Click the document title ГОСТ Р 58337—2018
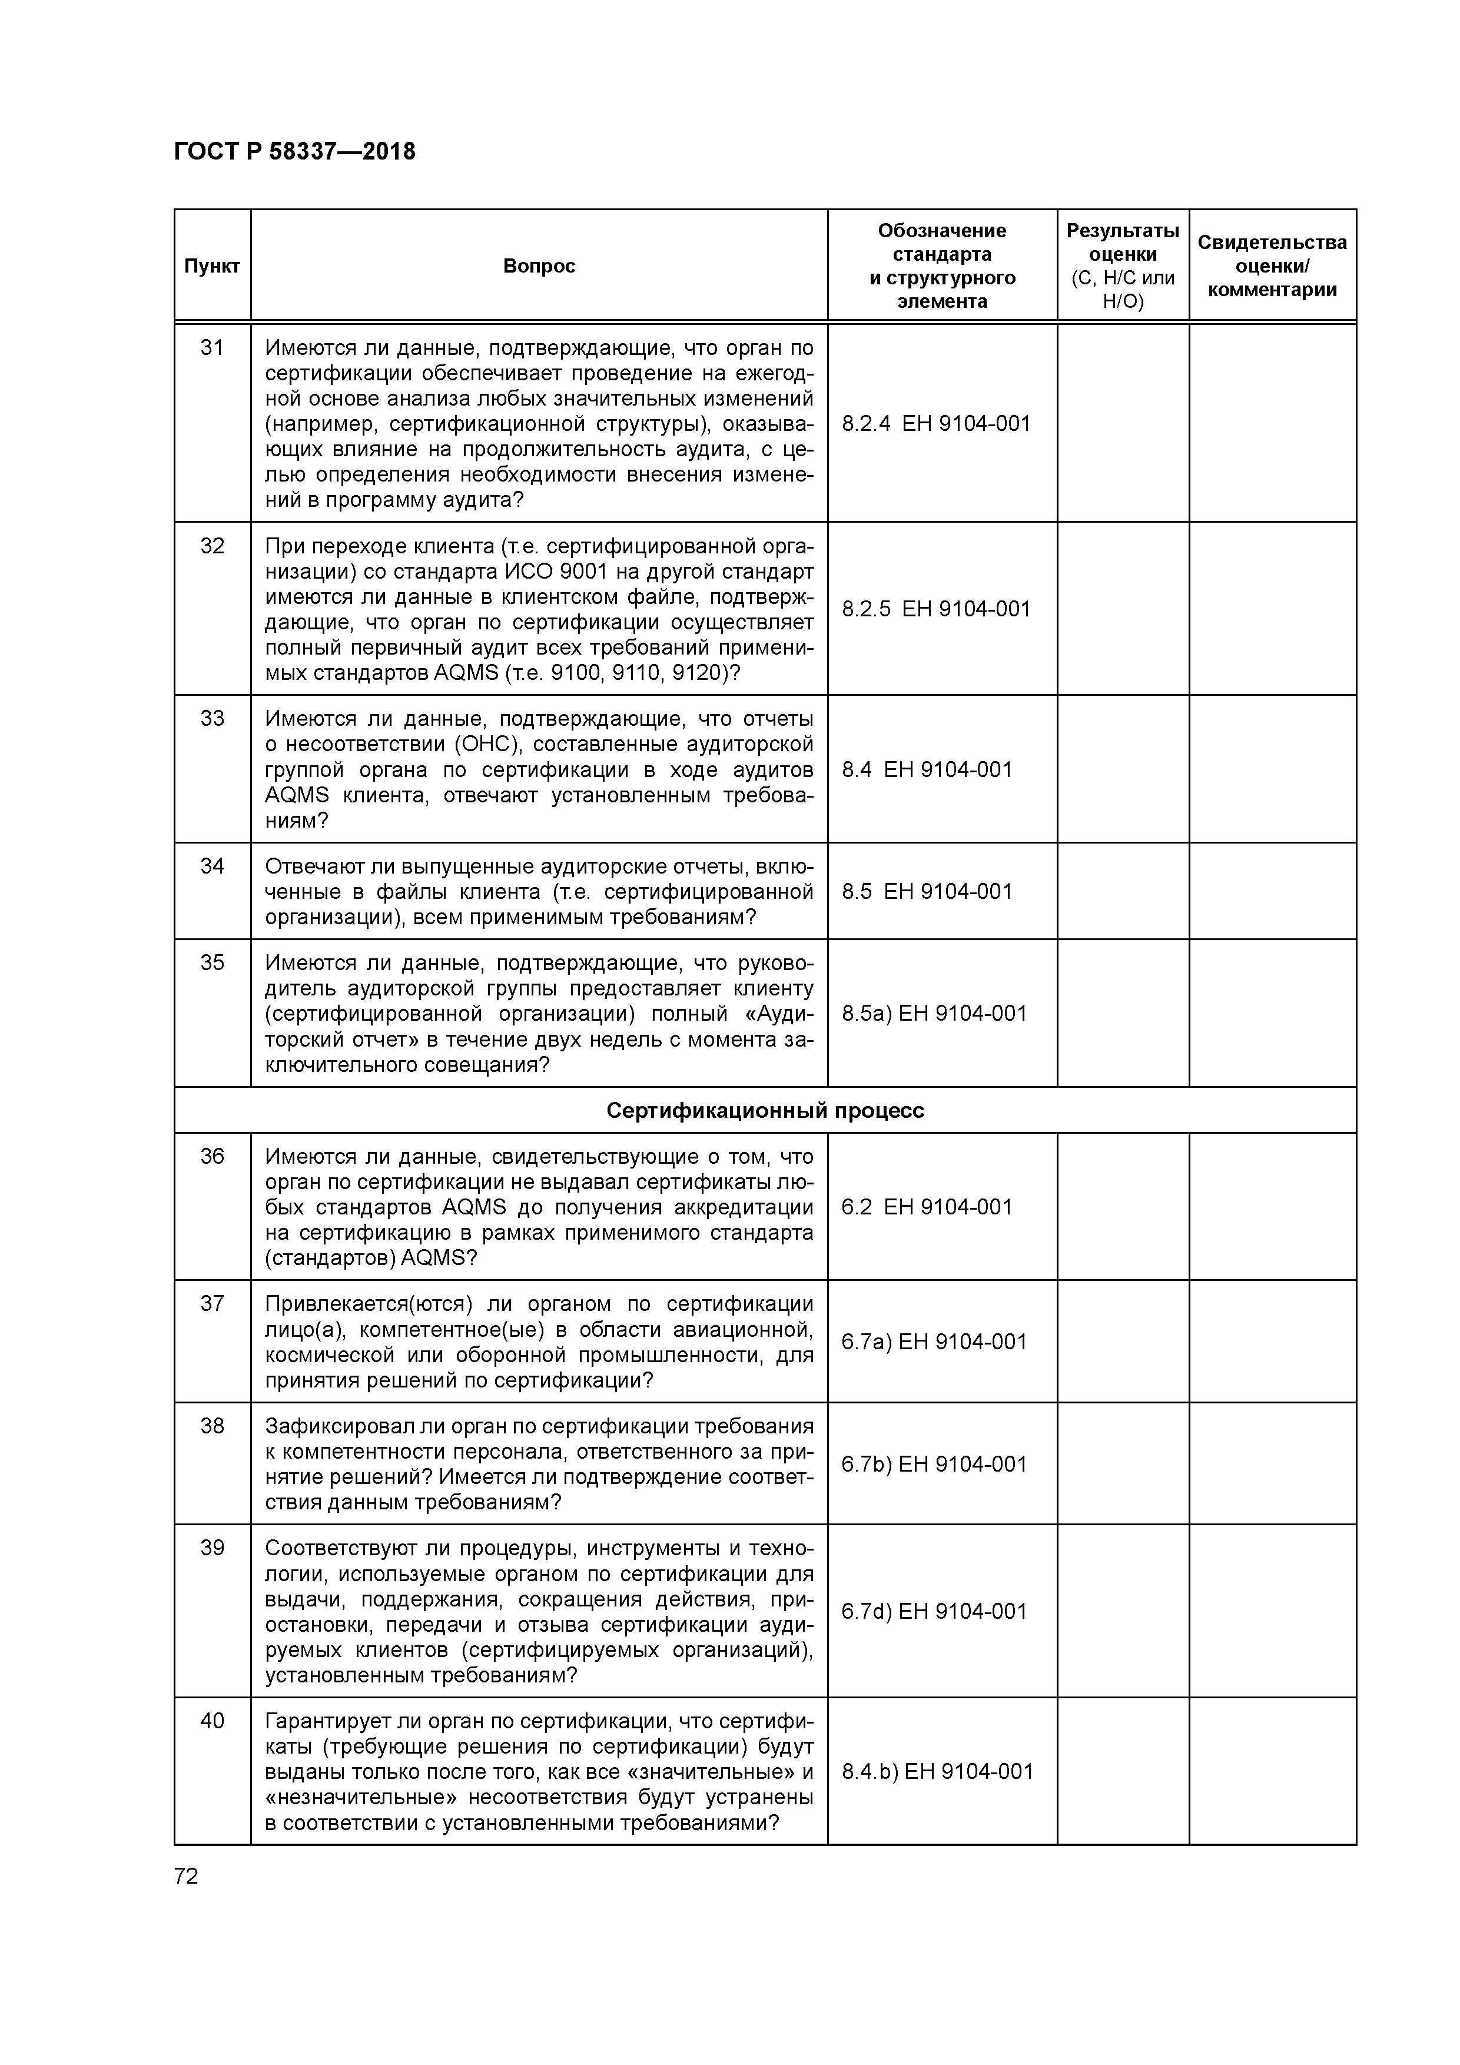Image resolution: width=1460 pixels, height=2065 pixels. coord(294,152)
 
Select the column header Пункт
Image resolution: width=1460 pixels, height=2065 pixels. coord(213,266)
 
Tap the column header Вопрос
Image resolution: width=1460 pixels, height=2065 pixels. coord(539,266)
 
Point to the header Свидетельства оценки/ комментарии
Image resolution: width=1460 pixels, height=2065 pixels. coord(1272,266)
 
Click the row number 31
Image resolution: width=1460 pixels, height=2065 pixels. coord(213,348)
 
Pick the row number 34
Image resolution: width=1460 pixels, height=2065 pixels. coord(213,866)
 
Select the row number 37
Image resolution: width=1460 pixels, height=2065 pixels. coord(213,1303)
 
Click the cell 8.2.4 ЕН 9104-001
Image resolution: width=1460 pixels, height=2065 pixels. coord(935,424)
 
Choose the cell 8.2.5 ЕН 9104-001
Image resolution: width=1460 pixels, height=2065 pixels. coord(935,609)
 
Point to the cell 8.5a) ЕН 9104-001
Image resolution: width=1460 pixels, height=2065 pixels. coord(934,1014)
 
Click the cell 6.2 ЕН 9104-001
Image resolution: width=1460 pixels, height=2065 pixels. coord(927,1207)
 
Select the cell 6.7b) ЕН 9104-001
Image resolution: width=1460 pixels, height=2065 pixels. coord(934,1464)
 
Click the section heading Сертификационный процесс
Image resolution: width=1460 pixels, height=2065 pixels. coord(765,1111)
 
